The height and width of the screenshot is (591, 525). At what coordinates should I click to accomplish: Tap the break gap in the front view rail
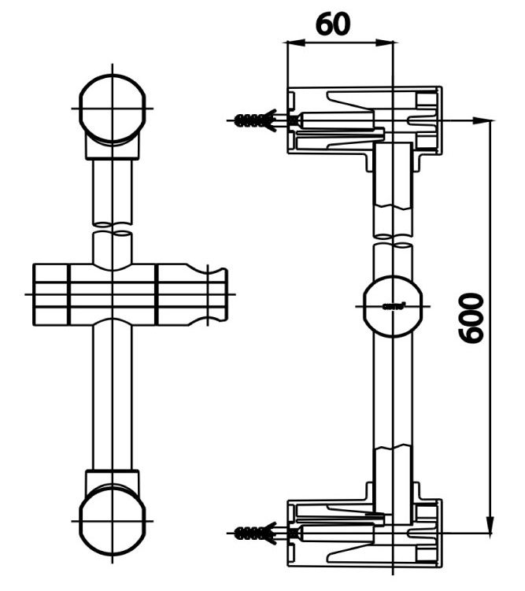pyautogui.click(x=113, y=230)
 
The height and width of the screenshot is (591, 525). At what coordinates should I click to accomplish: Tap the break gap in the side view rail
pyautogui.click(x=391, y=239)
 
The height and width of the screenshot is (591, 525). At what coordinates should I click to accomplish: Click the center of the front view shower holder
pyautogui.click(x=113, y=294)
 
